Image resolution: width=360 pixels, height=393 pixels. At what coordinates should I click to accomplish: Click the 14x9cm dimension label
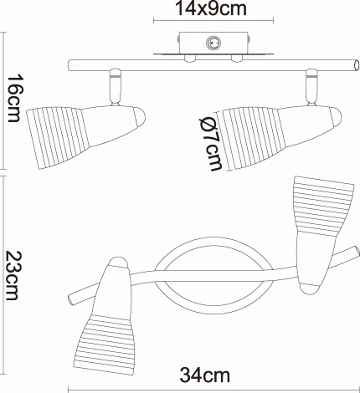point(211,8)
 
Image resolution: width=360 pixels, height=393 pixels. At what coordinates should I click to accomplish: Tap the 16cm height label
point(13,98)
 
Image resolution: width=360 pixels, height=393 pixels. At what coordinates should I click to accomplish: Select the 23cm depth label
point(13,275)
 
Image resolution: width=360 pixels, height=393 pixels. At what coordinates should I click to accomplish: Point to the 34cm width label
point(205,375)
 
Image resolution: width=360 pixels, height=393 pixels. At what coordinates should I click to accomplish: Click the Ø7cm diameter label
point(211,144)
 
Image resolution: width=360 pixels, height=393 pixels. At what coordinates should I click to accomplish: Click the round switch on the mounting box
point(213,43)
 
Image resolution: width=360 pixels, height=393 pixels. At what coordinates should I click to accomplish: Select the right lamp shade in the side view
point(279,136)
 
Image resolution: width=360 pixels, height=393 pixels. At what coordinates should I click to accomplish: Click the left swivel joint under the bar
point(116,87)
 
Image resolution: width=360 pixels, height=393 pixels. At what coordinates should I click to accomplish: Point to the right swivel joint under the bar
point(311,87)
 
